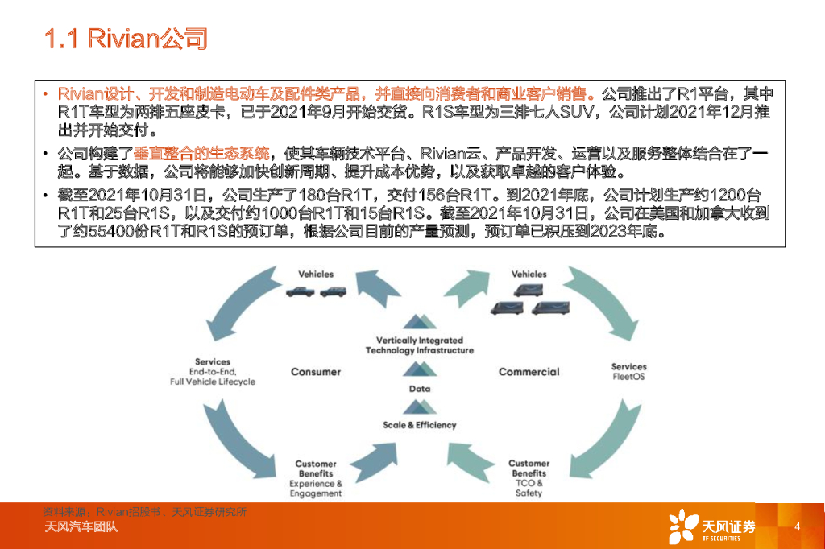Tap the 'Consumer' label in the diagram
click(x=316, y=372)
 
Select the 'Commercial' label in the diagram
click(x=529, y=372)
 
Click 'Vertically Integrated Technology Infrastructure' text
click(x=420, y=345)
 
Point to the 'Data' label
click(x=420, y=389)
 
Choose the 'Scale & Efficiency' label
click(x=420, y=425)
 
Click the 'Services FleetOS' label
click(x=628, y=372)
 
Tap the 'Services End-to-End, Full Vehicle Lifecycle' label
click(x=213, y=372)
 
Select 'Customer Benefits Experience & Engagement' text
click(x=316, y=478)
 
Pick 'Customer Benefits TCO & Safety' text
click(x=529, y=478)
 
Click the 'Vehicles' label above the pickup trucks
click(x=316, y=274)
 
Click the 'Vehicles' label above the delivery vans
click(x=529, y=274)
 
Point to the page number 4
click(x=796, y=527)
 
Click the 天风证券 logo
click(x=712, y=527)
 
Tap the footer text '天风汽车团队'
click(x=81, y=528)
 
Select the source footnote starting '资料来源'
click(x=145, y=511)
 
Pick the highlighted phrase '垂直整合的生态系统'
click(x=201, y=152)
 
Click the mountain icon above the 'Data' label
click(x=420, y=369)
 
